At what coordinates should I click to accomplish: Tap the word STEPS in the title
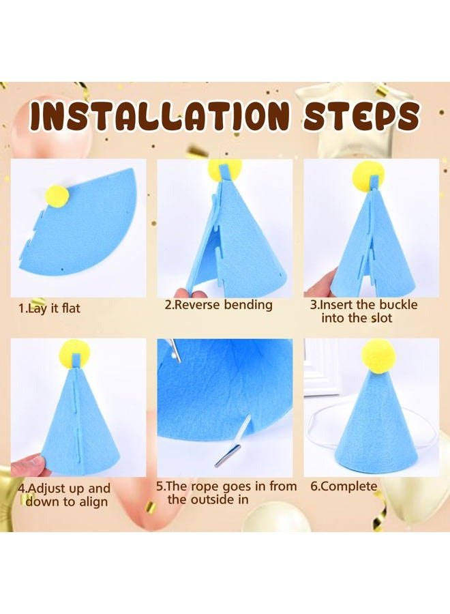click(361, 116)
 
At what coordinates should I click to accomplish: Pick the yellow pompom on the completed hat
click(378, 355)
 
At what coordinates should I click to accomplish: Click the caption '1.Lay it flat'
click(49, 308)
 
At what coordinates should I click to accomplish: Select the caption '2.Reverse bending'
click(218, 304)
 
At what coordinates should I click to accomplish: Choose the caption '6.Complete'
click(344, 486)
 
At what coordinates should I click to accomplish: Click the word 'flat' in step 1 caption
click(71, 308)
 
